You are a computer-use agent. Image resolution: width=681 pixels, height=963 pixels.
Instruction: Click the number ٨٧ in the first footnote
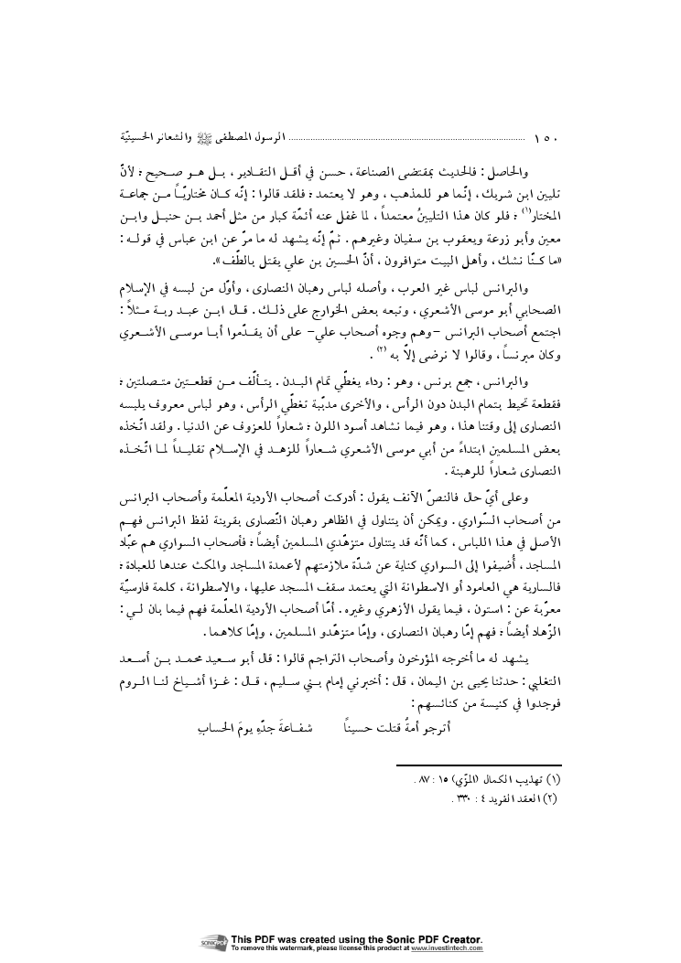coord(432,779)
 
